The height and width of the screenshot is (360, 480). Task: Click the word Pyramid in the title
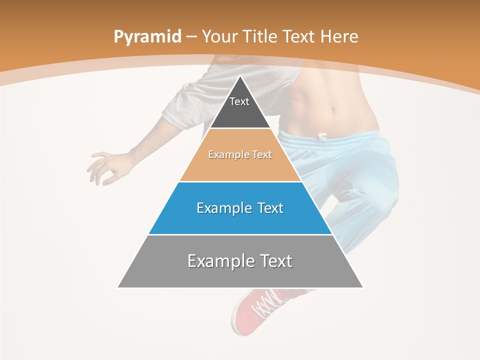[x=147, y=37]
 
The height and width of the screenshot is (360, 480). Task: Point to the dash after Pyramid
[x=191, y=37]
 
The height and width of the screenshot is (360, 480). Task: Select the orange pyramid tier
[x=240, y=165]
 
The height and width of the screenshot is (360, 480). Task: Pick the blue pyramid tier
[x=240, y=220]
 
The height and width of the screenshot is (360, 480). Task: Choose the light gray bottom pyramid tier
[x=240, y=275]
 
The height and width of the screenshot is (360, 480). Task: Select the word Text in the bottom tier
[x=275, y=261]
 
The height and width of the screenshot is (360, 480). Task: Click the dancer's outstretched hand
[x=102, y=167]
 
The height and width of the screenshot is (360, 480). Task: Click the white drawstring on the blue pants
[x=321, y=136]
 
